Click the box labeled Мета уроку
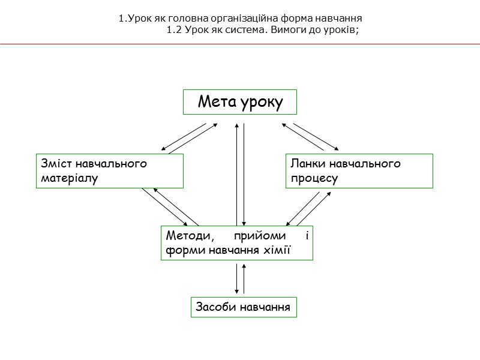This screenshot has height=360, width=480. tap(240, 102)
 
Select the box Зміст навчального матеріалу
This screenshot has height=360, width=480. tap(109, 171)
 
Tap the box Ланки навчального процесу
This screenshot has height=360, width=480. tap(359, 171)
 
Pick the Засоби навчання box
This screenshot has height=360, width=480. tap(244, 307)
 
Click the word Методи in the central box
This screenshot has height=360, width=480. tap(186, 235)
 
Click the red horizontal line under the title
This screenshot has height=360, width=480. tap(240, 44)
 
